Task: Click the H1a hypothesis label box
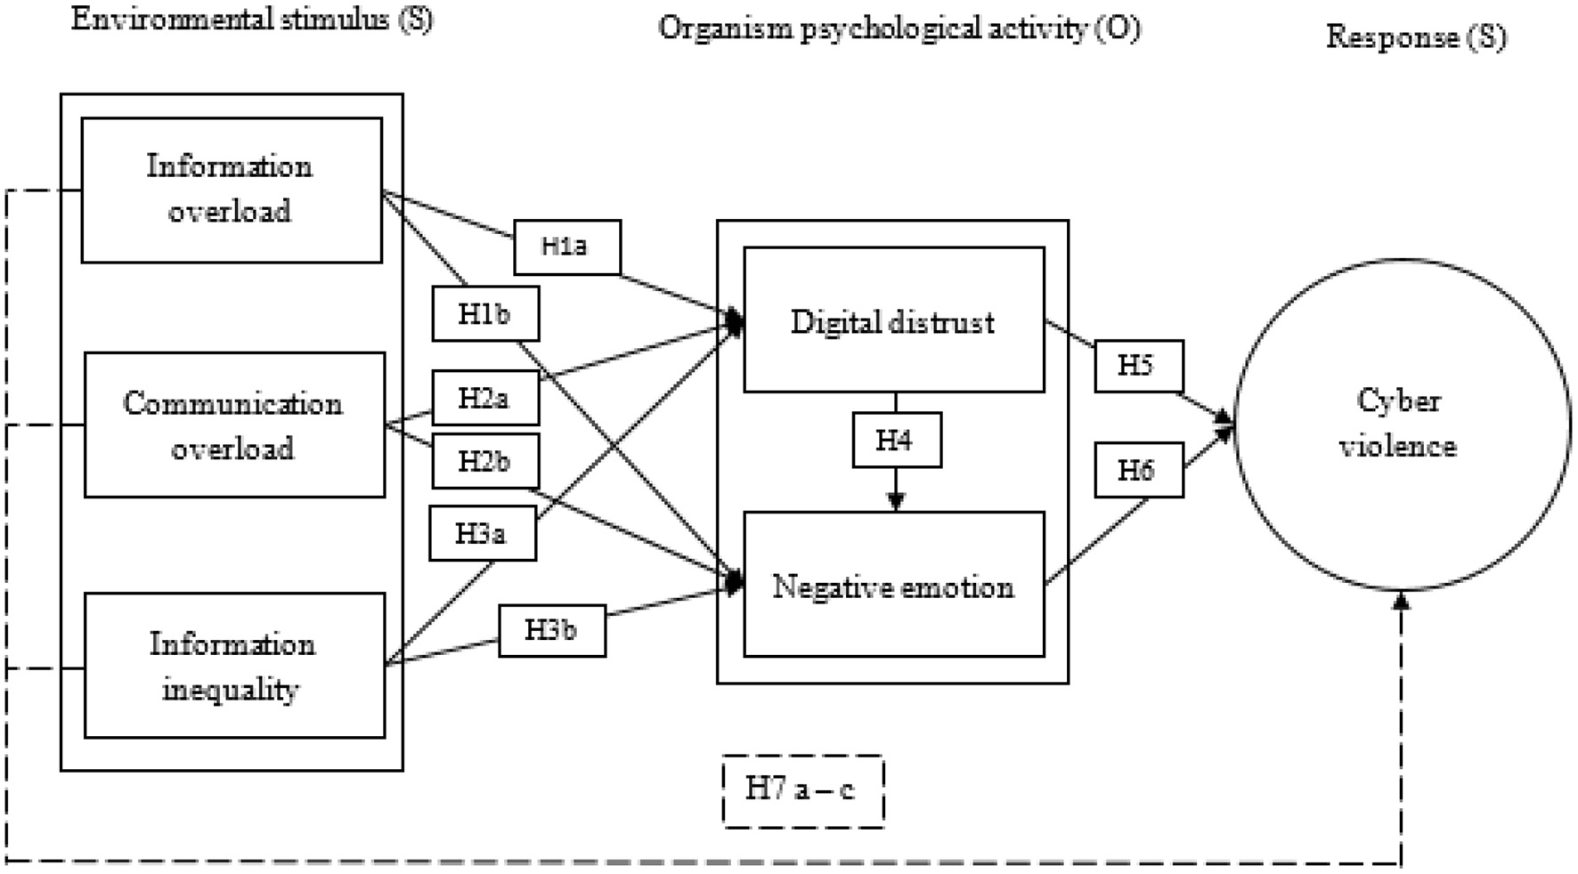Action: (566, 247)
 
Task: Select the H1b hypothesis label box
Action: (484, 314)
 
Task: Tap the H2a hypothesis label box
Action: (484, 398)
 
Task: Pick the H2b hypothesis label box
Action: (484, 462)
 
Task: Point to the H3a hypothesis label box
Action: (482, 533)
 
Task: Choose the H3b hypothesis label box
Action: (551, 631)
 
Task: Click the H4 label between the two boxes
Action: (896, 440)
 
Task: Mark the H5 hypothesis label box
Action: (1137, 366)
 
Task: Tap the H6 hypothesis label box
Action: (1137, 470)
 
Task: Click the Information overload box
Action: (232, 190)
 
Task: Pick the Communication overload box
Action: (234, 425)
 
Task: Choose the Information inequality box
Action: (234, 666)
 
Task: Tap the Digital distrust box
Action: (893, 320)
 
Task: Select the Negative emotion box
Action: (893, 585)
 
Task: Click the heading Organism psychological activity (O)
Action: (899, 29)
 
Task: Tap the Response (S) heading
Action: (1416, 37)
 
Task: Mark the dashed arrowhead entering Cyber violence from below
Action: (1402, 601)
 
